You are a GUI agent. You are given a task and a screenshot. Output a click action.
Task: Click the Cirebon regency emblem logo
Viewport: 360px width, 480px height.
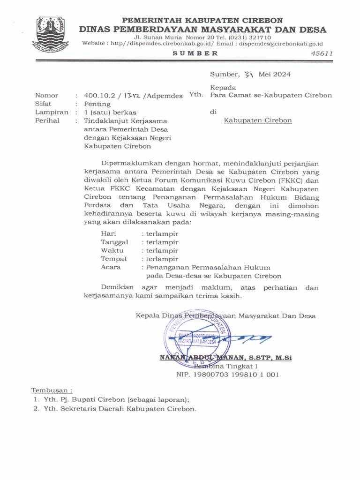50,35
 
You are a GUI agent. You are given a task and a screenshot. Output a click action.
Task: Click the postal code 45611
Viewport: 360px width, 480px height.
322,53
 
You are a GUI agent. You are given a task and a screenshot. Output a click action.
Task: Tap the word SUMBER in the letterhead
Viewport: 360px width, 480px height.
195,53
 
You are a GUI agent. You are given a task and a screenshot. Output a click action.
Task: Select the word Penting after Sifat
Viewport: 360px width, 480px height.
97,104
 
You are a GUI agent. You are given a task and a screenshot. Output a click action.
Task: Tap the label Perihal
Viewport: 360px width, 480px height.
47,120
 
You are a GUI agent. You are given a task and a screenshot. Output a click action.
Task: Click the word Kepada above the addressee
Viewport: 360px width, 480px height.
223,87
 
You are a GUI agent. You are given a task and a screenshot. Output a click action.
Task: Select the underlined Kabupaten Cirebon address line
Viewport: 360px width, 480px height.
257,120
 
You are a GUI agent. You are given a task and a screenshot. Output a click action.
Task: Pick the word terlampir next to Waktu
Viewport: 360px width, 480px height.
162,250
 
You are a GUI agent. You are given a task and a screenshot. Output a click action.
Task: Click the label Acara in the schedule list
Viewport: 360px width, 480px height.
111,267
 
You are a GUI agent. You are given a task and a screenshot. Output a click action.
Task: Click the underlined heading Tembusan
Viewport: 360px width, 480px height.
52,390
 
